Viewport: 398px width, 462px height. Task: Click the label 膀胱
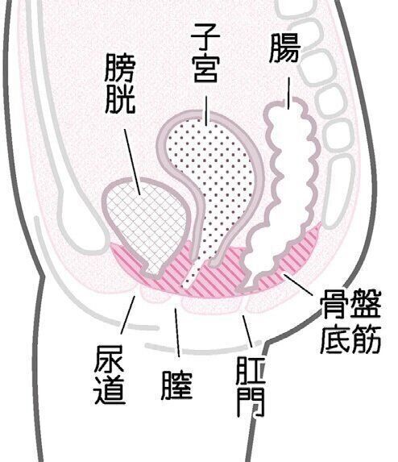click(x=120, y=83)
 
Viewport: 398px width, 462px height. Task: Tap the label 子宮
click(x=205, y=53)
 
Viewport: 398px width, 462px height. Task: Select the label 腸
click(x=284, y=48)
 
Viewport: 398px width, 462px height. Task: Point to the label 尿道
click(x=110, y=375)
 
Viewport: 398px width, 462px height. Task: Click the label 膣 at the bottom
click(x=176, y=385)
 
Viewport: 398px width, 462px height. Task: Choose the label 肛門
click(x=251, y=386)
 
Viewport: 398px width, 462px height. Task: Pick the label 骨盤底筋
click(x=350, y=321)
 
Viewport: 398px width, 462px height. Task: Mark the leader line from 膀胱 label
click(x=132, y=162)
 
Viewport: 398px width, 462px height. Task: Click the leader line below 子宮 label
click(x=206, y=110)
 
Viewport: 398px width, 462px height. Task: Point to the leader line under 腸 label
click(x=288, y=94)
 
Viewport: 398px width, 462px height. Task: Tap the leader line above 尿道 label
click(x=128, y=315)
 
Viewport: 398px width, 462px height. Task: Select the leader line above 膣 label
click(x=177, y=333)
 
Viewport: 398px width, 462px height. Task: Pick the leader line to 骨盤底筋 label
click(x=298, y=284)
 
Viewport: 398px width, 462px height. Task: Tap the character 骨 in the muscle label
click(x=334, y=304)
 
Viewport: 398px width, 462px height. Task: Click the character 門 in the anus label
click(x=251, y=402)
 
